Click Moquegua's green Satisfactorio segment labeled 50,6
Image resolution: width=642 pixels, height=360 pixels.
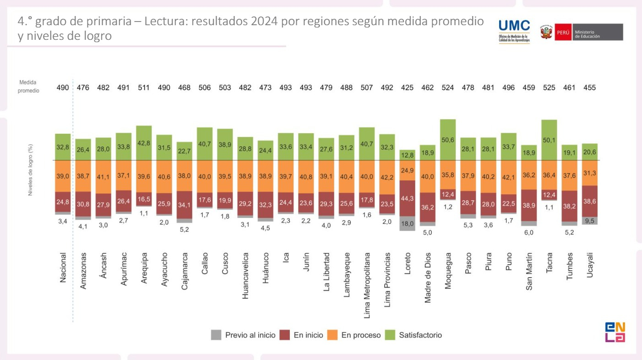coord(448,140)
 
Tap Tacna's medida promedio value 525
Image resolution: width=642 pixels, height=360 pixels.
coord(549,87)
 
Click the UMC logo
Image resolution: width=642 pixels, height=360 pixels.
coord(514,31)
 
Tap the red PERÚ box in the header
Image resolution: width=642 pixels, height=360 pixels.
coord(563,33)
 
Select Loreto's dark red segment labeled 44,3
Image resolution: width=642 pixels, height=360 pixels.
coord(407,198)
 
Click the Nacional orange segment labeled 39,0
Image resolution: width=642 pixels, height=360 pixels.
coord(63,176)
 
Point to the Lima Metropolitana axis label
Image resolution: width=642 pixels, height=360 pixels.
coord(367,284)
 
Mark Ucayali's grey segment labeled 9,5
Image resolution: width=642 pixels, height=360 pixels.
coord(590,220)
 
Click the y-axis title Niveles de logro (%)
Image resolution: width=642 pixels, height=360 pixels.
coord(31,170)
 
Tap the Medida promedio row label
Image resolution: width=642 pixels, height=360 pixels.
coord(28,87)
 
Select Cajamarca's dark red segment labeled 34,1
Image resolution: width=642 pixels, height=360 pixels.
coord(185,205)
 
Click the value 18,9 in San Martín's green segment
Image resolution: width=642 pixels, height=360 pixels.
coord(529,153)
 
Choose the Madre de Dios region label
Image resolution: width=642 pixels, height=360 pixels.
coord(428,278)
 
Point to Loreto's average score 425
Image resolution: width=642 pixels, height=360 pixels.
coord(407,87)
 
